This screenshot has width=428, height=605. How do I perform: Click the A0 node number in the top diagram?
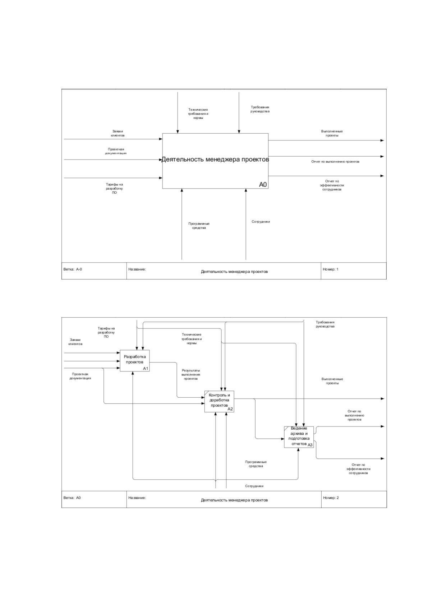(x=263, y=184)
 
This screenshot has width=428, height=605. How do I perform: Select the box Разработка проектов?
(x=134, y=361)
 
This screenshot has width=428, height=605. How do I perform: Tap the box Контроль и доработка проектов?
(x=219, y=401)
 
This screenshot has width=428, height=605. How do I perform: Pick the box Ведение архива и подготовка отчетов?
(x=299, y=437)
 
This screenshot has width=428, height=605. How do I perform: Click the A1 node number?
(x=146, y=368)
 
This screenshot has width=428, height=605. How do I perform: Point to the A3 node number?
(x=310, y=445)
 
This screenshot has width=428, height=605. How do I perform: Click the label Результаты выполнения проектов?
(x=191, y=375)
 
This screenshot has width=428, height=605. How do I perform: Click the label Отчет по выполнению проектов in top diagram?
(x=335, y=162)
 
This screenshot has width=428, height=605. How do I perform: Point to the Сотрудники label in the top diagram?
(x=261, y=221)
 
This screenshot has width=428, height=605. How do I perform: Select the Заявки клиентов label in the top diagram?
(x=118, y=133)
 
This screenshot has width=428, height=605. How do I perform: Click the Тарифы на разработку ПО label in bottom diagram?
(x=106, y=332)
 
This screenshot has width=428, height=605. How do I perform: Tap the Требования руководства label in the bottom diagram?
(x=325, y=324)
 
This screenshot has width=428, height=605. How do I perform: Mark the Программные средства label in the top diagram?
(x=199, y=226)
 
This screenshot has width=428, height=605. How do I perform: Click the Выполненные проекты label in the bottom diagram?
(x=332, y=381)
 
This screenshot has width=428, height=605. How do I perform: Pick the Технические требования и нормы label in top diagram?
(x=198, y=114)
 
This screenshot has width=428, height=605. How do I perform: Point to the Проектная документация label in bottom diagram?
(x=80, y=376)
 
